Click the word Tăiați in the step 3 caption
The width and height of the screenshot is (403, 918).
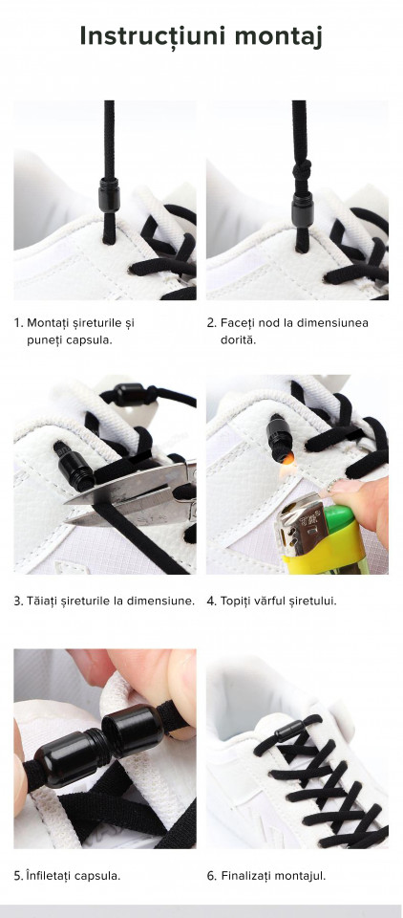pyautogui.click(x=42, y=601)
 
